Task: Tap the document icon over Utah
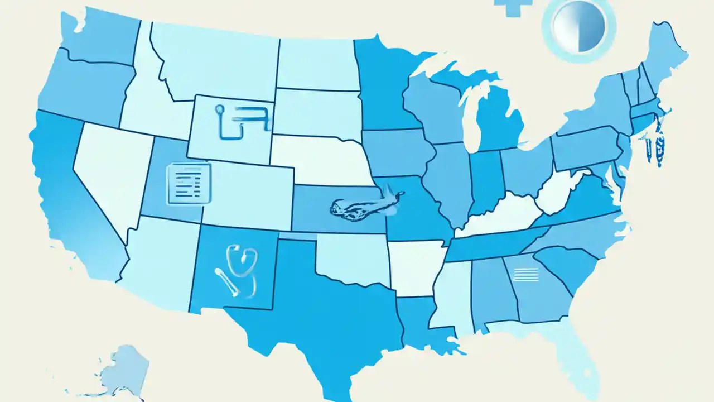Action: point(189,183)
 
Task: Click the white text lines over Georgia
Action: point(525,274)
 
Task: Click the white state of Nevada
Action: point(112,167)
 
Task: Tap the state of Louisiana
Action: point(421,321)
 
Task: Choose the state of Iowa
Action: point(393,151)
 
